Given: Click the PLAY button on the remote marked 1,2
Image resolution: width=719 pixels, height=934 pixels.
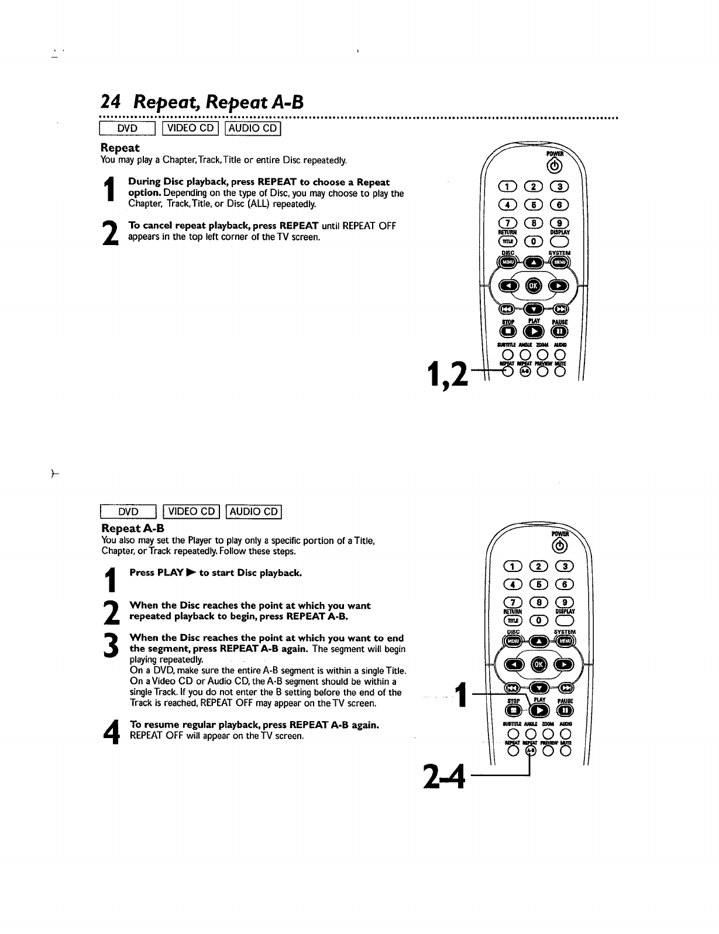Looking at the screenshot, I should tap(534, 331).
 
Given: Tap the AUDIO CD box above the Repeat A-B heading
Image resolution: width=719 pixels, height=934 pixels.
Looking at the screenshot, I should tap(254, 512).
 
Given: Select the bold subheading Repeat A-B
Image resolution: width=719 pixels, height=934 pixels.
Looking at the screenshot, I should tap(132, 528).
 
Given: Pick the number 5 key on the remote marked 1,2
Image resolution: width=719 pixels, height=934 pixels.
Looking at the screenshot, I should tap(533, 205).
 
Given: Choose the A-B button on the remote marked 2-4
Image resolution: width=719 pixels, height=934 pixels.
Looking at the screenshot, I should tap(530, 750).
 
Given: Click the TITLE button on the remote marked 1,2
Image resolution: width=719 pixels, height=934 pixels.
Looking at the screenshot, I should tap(507, 242).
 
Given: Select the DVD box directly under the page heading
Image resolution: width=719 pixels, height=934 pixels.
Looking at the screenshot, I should tap(128, 129).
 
